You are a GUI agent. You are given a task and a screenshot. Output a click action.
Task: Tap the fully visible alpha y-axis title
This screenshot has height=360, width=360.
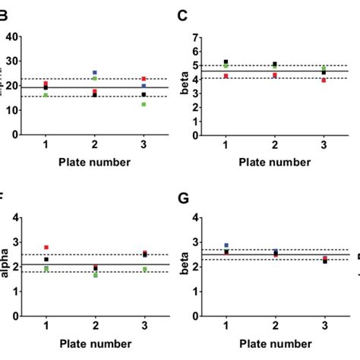(x=6, y=266)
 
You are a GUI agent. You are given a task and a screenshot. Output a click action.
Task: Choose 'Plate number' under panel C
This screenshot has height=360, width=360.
(x=275, y=162)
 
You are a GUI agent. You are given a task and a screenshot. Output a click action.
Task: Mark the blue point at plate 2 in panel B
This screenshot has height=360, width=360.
(x=95, y=73)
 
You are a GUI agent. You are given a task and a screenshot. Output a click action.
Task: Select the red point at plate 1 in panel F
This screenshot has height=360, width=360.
(x=46, y=248)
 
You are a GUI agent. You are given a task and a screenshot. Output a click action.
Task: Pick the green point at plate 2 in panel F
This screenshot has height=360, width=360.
(x=95, y=275)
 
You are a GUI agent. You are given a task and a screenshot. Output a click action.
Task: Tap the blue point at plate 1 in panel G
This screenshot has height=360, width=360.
(x=226, y=245)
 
